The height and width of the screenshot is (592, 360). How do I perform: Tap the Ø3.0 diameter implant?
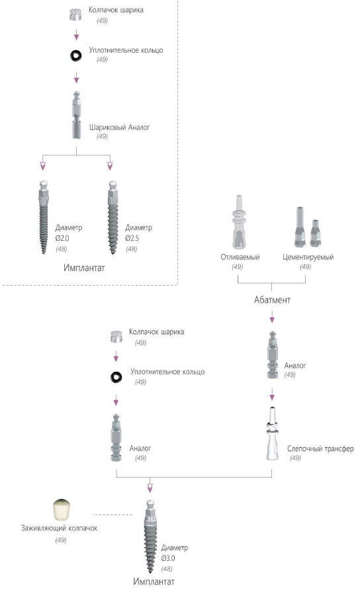point(150,536)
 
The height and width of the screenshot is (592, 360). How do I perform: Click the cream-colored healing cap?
point(62,510)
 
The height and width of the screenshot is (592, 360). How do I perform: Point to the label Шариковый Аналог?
point(119,127)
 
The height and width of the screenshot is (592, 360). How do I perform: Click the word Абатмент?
point(272,300)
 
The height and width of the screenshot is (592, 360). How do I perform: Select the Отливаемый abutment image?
point(239,222)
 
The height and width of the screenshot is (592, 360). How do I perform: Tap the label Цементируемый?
point(308,257)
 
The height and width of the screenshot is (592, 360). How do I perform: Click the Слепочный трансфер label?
point(320,448)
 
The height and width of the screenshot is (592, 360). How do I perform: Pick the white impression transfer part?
point(272,433)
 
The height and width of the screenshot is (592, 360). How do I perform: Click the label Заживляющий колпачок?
point(60,529)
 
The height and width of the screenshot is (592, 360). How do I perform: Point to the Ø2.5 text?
point(132,238)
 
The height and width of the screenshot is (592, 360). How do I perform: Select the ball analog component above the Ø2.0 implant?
point(77,115)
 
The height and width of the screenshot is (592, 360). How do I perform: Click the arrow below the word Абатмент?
point(272,317)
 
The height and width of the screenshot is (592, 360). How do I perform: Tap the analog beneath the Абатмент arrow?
point(273,355)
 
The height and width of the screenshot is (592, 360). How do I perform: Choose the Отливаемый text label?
point(240,257)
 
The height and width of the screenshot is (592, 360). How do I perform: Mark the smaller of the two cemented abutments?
point(315,233)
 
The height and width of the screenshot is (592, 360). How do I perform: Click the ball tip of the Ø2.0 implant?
point(44,185)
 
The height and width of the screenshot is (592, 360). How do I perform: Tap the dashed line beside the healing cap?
point(112,515)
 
